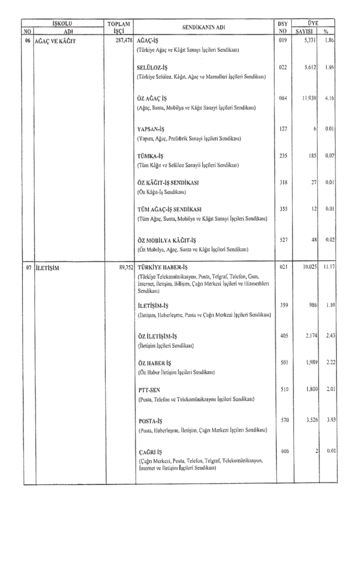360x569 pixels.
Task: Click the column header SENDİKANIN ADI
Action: tap(206, 28)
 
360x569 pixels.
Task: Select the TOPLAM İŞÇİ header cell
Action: tap(121, 28)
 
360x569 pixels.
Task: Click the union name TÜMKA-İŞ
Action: tap(150, 156)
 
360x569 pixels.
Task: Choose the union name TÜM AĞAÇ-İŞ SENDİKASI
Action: tap(168, 209)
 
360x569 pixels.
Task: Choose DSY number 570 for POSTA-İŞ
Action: tap(283, 421)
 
